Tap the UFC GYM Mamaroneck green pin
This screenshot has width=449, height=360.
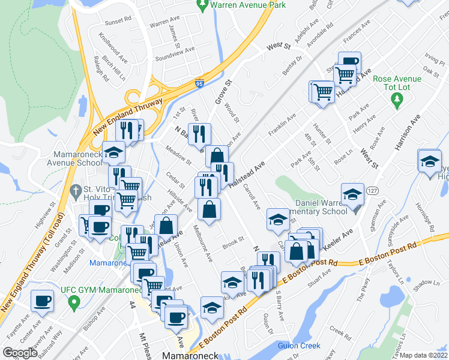click(73, 304)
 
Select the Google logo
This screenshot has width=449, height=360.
click(20, 353)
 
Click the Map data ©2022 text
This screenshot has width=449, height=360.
click(424, 355)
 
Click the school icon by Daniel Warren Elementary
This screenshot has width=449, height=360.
click(352, 194)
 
